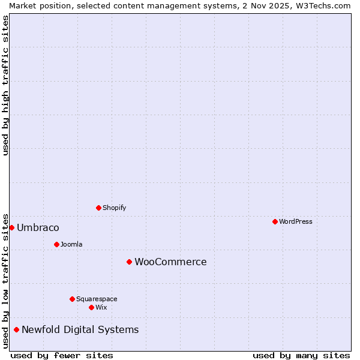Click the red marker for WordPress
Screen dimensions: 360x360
click(275, 221)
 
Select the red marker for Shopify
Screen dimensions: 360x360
click(98, 208)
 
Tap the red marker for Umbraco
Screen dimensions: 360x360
click(11, 227)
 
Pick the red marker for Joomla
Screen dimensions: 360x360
click(56, 244)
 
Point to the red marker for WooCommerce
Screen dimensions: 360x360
click(129, 262)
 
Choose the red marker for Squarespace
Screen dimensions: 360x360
click(72, 299)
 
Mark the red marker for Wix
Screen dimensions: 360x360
click(91, 307)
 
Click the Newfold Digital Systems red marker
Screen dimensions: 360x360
click(16, 329)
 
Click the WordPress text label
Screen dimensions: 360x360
click(296, 221)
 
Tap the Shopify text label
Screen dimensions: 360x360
click(115, 208)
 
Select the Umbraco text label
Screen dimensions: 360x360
click(38, 227)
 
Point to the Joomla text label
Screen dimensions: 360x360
click(71, 244)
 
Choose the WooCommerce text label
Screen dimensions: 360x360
click(170, 262)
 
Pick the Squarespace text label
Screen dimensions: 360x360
click(97, 299)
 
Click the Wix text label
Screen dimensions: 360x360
click(101, 307)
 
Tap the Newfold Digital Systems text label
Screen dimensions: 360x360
click(80, 329)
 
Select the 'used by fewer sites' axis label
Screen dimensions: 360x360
click(62, 355)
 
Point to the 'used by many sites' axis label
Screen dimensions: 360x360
click(301, 355)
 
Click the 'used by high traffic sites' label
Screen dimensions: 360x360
click(5, 85)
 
